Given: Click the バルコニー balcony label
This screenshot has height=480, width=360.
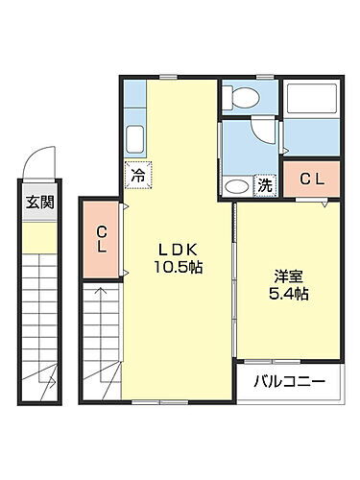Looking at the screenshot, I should coord(289,381).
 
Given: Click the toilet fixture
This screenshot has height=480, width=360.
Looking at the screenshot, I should coord(240,97).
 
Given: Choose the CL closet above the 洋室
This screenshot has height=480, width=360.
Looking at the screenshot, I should coord(312,179).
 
